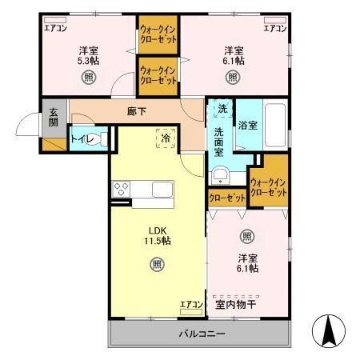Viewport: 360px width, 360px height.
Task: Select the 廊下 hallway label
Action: coord(137,111)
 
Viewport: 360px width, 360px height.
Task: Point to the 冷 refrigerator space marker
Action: coord(166,137)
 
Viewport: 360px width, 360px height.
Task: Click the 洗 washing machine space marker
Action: coord(222,108)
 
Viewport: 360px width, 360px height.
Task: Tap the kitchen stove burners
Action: coord(122,190)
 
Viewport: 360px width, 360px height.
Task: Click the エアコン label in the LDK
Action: coord(190,304)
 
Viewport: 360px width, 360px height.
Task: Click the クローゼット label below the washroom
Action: coord(226,197)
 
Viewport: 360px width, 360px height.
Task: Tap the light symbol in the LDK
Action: coord(157,264)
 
